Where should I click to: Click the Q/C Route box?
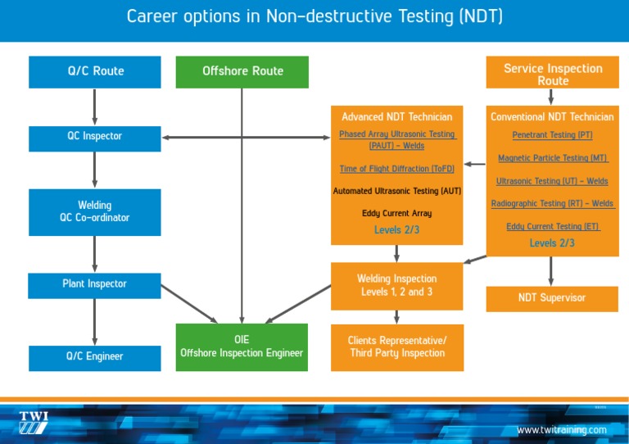tap(95, 71)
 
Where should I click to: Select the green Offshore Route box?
tap(242, 71)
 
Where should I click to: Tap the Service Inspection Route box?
tap(552, 74)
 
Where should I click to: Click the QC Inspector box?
tap(95, 136)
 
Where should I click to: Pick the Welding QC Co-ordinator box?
tap(95, 211)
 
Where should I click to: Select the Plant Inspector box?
tap(95, 284)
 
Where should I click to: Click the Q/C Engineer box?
tap(95, 356)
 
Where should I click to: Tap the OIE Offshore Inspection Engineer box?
tap(242, 347)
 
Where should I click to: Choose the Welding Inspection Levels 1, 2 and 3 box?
tap(397, 285)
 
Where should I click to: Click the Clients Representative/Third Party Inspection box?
tap(397, 347)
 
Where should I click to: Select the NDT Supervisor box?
tap(552, 298)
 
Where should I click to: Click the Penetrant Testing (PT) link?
tap(552, 135)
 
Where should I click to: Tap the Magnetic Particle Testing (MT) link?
tap(552, 158)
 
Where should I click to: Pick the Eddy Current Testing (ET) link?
tap(552, 226)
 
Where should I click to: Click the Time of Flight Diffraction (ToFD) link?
tap(397, 169)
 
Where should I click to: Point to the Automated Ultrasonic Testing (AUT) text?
tap(397, 191)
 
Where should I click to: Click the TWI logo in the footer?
tap(34, 422)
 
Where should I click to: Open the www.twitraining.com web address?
tap(561, 430)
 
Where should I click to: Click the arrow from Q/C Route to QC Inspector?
tap(95, 106)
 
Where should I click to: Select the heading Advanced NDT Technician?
tap(397, 117)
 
